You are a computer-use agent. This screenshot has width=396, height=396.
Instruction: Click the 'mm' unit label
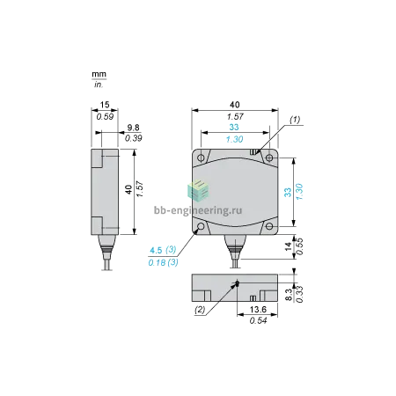point(99,74)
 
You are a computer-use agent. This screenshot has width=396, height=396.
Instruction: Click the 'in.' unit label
point(99,84)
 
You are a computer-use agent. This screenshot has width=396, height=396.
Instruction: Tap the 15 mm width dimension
point(105,105)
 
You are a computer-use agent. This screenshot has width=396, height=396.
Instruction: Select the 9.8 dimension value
point(133,128)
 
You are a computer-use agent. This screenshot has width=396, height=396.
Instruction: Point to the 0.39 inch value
point(134,138)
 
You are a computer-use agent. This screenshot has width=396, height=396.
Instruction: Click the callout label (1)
point(295,120)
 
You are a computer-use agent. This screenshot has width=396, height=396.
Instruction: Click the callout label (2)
point(200,310)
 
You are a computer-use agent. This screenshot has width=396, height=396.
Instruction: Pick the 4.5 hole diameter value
point(156,251)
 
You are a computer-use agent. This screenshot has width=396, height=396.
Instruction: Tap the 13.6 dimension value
point(258,310)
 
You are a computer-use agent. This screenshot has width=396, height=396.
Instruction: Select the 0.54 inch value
point(258,320)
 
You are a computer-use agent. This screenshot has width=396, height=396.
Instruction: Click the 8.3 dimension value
point(289,295)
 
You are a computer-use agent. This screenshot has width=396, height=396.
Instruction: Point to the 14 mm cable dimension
point(289,246)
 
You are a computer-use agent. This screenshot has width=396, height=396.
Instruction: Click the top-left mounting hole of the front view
point(201,158)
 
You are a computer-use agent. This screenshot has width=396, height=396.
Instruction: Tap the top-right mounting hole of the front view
point(269,158)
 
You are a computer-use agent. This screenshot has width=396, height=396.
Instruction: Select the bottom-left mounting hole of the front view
point(201,226)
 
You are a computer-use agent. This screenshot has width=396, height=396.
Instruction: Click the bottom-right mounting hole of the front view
point(269,226)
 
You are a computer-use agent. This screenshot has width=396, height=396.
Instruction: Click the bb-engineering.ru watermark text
point(198,210)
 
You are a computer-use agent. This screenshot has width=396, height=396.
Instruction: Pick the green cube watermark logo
point(198,191)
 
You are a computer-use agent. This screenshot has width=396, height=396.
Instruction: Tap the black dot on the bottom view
point(238,283)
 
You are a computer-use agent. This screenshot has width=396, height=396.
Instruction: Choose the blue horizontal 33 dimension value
point(234,128)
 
